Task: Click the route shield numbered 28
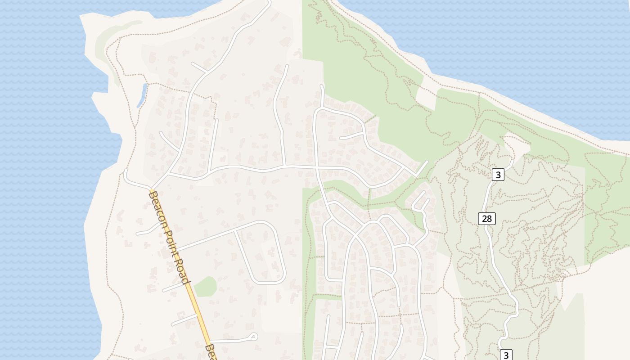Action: point(486,219)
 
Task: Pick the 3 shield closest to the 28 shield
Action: point(497,175)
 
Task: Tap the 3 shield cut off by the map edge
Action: point(506,355)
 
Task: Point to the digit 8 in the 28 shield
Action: point(490,219)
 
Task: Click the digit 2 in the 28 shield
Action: point(484,219)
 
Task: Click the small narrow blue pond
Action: point(142,95)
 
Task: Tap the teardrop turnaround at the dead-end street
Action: point(253,336)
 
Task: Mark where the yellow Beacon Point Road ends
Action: point(151,189)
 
